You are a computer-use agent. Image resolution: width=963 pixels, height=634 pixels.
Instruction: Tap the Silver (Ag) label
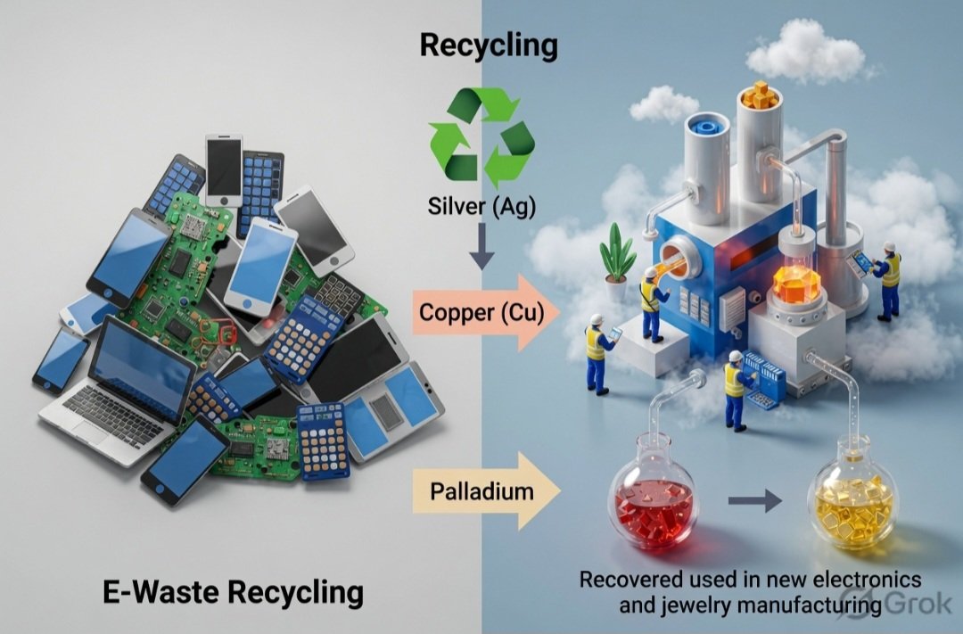pyautogui.click(x=481, y=206)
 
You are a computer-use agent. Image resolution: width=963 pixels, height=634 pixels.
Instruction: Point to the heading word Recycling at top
pyautogui.click(x=489, y=46)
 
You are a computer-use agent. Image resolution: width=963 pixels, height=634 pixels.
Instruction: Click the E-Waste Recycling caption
pyautogui.click(x=234, y=592)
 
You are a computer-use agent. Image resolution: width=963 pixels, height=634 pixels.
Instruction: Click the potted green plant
pyautogui.click(x=617, y=261)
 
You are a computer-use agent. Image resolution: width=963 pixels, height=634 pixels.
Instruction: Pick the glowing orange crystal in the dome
pyautogui.click(x=796, y=284)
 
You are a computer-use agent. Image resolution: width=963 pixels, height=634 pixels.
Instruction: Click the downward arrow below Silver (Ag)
pyautogui.click(x=482, y=246)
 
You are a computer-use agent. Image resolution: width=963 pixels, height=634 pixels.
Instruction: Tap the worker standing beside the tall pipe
pyautogui.click(x=885, y=281)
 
